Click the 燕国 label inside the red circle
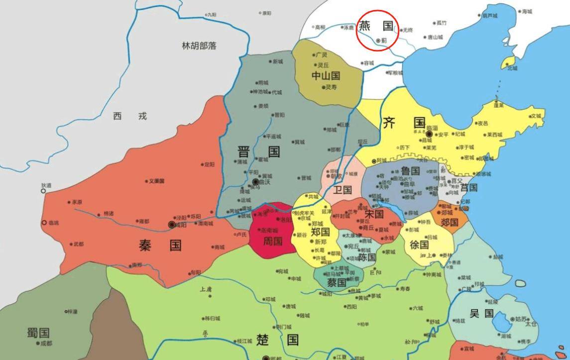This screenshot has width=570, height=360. (x=376, y=26)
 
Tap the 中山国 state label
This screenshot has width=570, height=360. (x=326, y=76)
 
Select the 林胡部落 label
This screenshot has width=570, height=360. (x=199, y=46)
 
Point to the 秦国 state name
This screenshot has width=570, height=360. (x=160, y=245)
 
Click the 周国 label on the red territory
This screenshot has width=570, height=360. (x=272, y=241)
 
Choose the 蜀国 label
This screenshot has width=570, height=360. (x=38, y=332)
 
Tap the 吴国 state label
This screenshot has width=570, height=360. (x=481, y=313)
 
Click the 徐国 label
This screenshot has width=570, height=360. (x=419, y=244)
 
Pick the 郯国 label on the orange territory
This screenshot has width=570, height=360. (x=450, y=222)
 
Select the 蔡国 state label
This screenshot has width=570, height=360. (x=337, y=282)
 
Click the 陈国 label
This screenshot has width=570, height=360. (x=367, y=257)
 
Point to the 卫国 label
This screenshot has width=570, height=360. (x=342, y=190)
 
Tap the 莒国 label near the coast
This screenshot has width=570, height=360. (x=468, y=188)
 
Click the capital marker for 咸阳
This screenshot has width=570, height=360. (x=172, y=225)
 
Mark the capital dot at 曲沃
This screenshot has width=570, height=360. (x=256, y=182)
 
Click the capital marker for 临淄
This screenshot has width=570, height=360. (x=429, y=134)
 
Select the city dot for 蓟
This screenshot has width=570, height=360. (x=378, y=40)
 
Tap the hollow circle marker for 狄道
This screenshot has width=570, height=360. (x=43, y=191)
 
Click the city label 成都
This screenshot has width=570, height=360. (x=46, y=343)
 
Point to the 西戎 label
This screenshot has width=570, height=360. (x=130, y=116)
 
